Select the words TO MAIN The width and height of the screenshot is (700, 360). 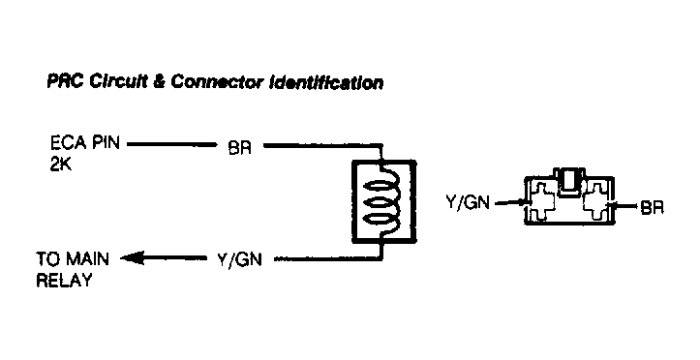tap(74, 258)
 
